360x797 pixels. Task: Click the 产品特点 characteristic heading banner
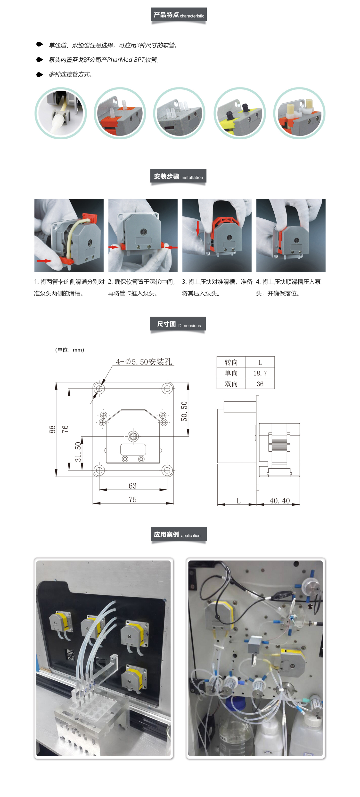179,15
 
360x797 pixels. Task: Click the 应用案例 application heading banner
179,534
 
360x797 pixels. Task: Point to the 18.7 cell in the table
260,373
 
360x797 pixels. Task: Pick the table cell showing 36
260,384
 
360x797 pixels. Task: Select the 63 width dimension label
132,486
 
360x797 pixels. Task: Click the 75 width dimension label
132,499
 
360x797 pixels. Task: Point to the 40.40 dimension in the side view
279,501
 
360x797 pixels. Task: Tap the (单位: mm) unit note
70,350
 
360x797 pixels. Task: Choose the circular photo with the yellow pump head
240,113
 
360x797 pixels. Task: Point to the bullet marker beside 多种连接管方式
40,75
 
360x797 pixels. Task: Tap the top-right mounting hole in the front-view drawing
167,388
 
